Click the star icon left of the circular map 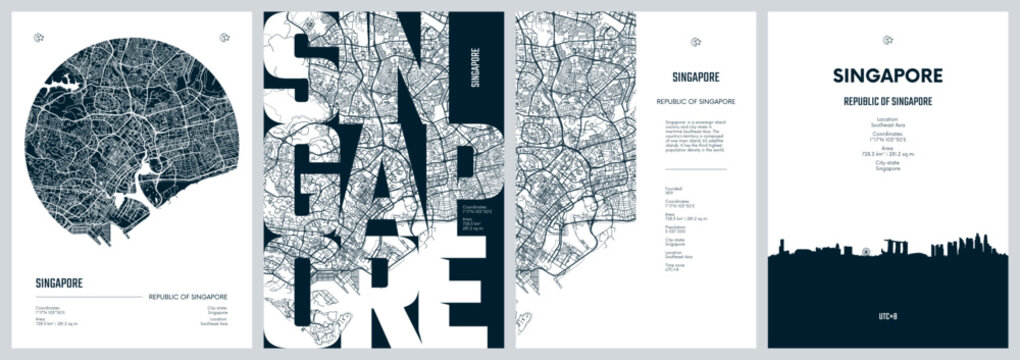click(x=38, y=39)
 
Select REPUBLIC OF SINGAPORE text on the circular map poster click(x=187, y=297)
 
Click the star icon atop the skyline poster click(x=888, y=41)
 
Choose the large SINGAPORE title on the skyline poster click(x=888, y=76)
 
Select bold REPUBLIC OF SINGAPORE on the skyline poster click(x=888, y=102)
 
